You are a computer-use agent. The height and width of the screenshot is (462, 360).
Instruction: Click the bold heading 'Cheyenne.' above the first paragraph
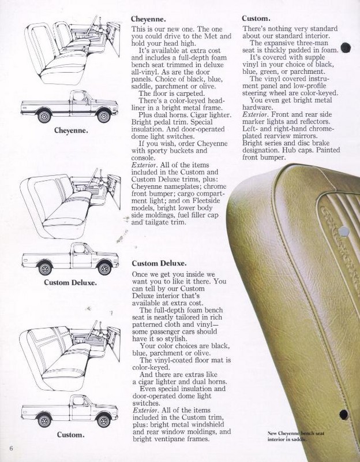click(148, 20)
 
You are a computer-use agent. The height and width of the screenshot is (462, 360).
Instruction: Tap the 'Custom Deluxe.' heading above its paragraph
click(159, 263)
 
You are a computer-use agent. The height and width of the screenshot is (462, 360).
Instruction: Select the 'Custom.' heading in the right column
click(256, 18)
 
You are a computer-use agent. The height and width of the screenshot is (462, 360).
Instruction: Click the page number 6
click(11, 449)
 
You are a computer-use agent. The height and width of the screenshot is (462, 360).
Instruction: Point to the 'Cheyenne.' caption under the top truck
click(71, 131)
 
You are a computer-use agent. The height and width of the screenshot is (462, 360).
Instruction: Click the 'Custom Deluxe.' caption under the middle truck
click(70, 282)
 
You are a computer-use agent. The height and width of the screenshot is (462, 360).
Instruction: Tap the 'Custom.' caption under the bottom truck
click(70, 435)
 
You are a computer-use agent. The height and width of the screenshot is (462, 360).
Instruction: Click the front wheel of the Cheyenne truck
click(104, 116)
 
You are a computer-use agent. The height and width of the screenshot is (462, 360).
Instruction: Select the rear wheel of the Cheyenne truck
click(44, 116)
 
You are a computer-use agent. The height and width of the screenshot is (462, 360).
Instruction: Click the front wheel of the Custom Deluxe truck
click(104, 269)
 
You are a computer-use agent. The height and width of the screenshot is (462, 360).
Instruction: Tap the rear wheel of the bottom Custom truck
click(44, 420)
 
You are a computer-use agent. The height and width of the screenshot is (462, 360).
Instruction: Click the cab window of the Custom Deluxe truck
click(79, 249)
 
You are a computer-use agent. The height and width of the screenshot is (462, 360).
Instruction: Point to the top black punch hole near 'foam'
click(346, 48)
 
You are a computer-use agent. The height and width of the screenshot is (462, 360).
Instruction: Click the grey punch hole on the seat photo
click(344, 232)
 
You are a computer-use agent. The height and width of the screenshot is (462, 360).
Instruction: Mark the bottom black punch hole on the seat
click(344, 415)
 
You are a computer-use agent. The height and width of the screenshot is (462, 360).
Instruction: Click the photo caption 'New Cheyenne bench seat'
click(296, 433)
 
